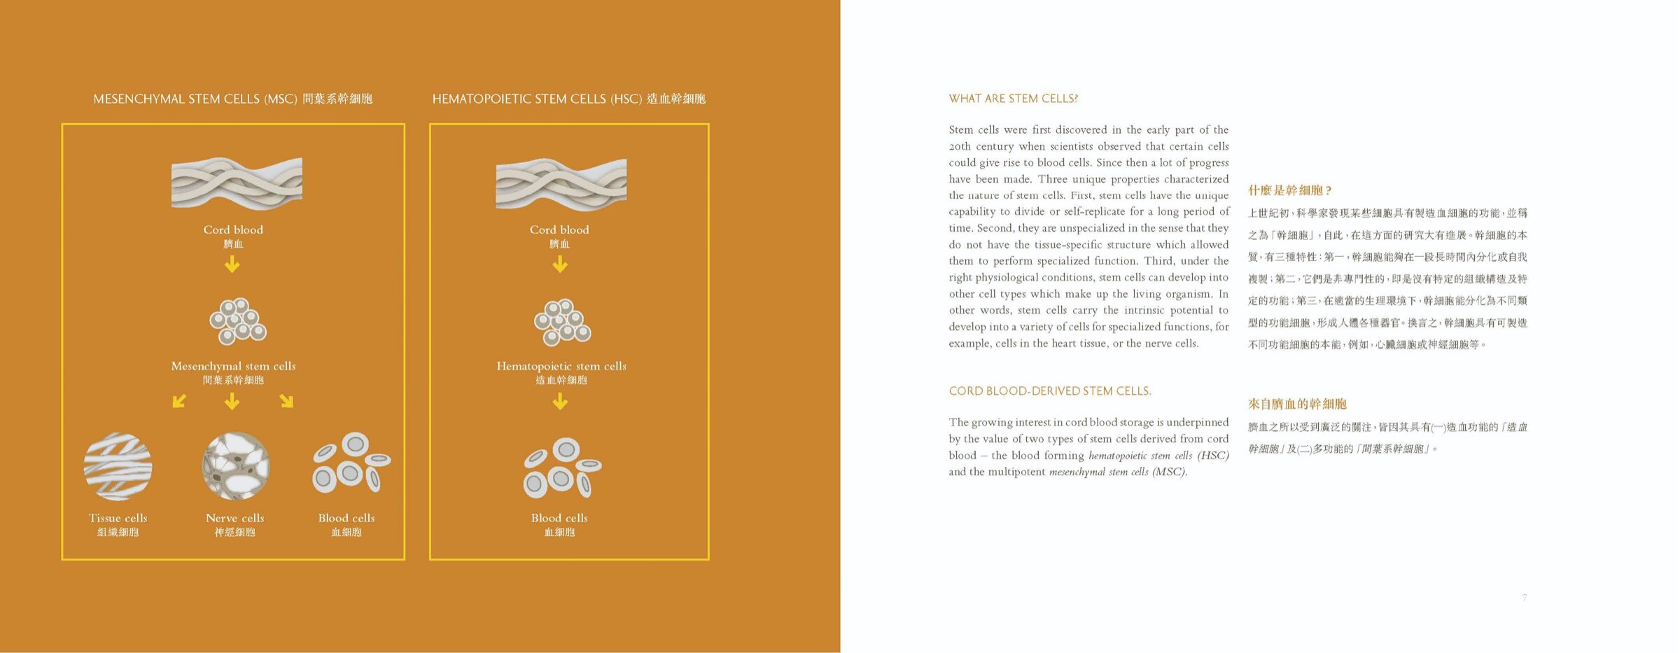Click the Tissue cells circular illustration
click(x=118, y=466)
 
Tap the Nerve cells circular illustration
click(x=236, y=466)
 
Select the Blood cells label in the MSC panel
click(x=346, y=519)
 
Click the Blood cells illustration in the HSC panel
click(x=562, y=468)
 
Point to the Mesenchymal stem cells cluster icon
click(x=237, y=322)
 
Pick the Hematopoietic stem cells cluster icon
click(x=562, y=322)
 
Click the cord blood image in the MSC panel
click(x=237, y=183)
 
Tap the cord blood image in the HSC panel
click(x=561, y=183)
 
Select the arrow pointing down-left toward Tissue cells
click(x=179, y=401)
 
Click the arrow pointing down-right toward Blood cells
click(x=286, y=401)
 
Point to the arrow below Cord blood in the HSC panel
click(x=560, y=265)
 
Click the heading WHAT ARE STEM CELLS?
click(x=1013, y=99)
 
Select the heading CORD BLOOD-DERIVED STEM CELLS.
click(x=1049, y=391)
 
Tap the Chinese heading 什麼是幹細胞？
click(x=1289, y=190)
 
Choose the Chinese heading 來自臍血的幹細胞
click(x=1297, y=404)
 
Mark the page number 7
click(x=1524, y=598)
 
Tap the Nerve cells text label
click(x=235, y=519)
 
